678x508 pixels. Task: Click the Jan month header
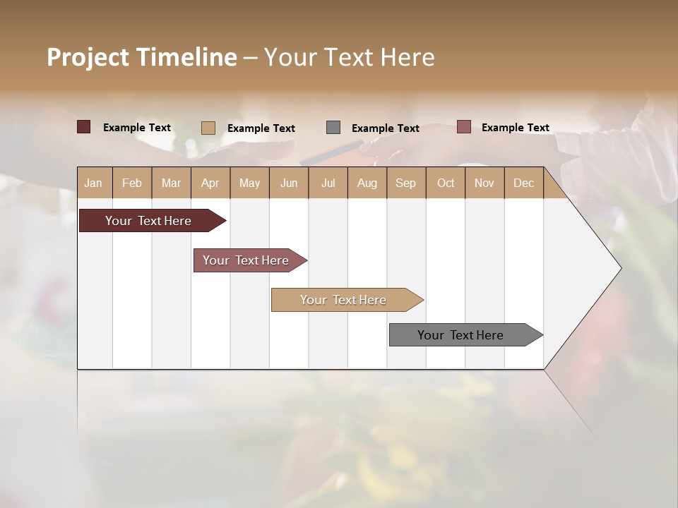[93, 183]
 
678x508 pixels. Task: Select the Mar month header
[171, 183]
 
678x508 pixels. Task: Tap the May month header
[249, 183]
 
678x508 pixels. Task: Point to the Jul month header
[328, 183]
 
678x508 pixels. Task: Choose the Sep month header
[405, 183]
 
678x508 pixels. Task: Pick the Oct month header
[446, 183]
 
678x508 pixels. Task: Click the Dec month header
[523, 183]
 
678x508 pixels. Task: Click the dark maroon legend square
[83, 127]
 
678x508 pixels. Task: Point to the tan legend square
[208, 128]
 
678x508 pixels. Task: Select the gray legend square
[333, 128]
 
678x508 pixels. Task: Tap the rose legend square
[463, 127]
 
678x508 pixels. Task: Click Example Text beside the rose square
[515, 128]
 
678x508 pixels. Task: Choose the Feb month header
[132, 183]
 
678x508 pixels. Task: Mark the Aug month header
[367, 183]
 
